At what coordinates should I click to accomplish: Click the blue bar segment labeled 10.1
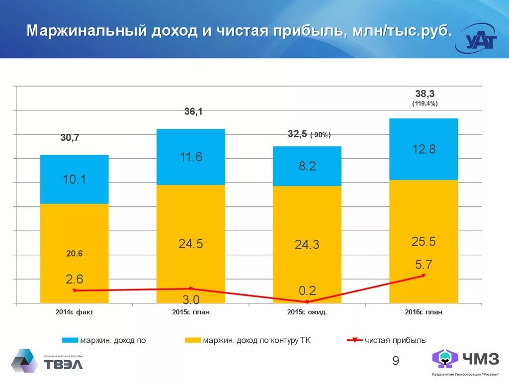pyautogui.click(x=74, y=179)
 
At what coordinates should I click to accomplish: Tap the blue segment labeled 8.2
pyautogui.click(x=307, y=166)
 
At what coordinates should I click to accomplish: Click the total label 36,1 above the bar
pyautogui.click(x=193, y=112)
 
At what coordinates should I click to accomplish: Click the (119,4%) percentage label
pyautogui.click(x=424, y=103)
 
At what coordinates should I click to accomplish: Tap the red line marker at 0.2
pyautogui.click(x=307, y=302)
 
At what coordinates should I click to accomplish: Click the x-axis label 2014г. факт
pyautogui.click(x=75, y=312)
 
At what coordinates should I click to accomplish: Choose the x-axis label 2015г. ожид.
pyautogui.click(x=307, y=312)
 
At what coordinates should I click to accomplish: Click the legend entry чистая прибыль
pyautogui.click(x=395, y=340)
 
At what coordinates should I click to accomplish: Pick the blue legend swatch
pyautogui.click(x=70, y=340)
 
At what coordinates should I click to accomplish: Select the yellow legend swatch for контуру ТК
pyautogui.click(x=192, y=340)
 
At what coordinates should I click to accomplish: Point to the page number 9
pyautogui.click(x=396, y=361)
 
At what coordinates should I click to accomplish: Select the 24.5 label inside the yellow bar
pyautogui.click(x=190, y=244)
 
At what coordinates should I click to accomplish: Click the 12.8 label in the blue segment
pyautogui.click(x=424, y=149)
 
